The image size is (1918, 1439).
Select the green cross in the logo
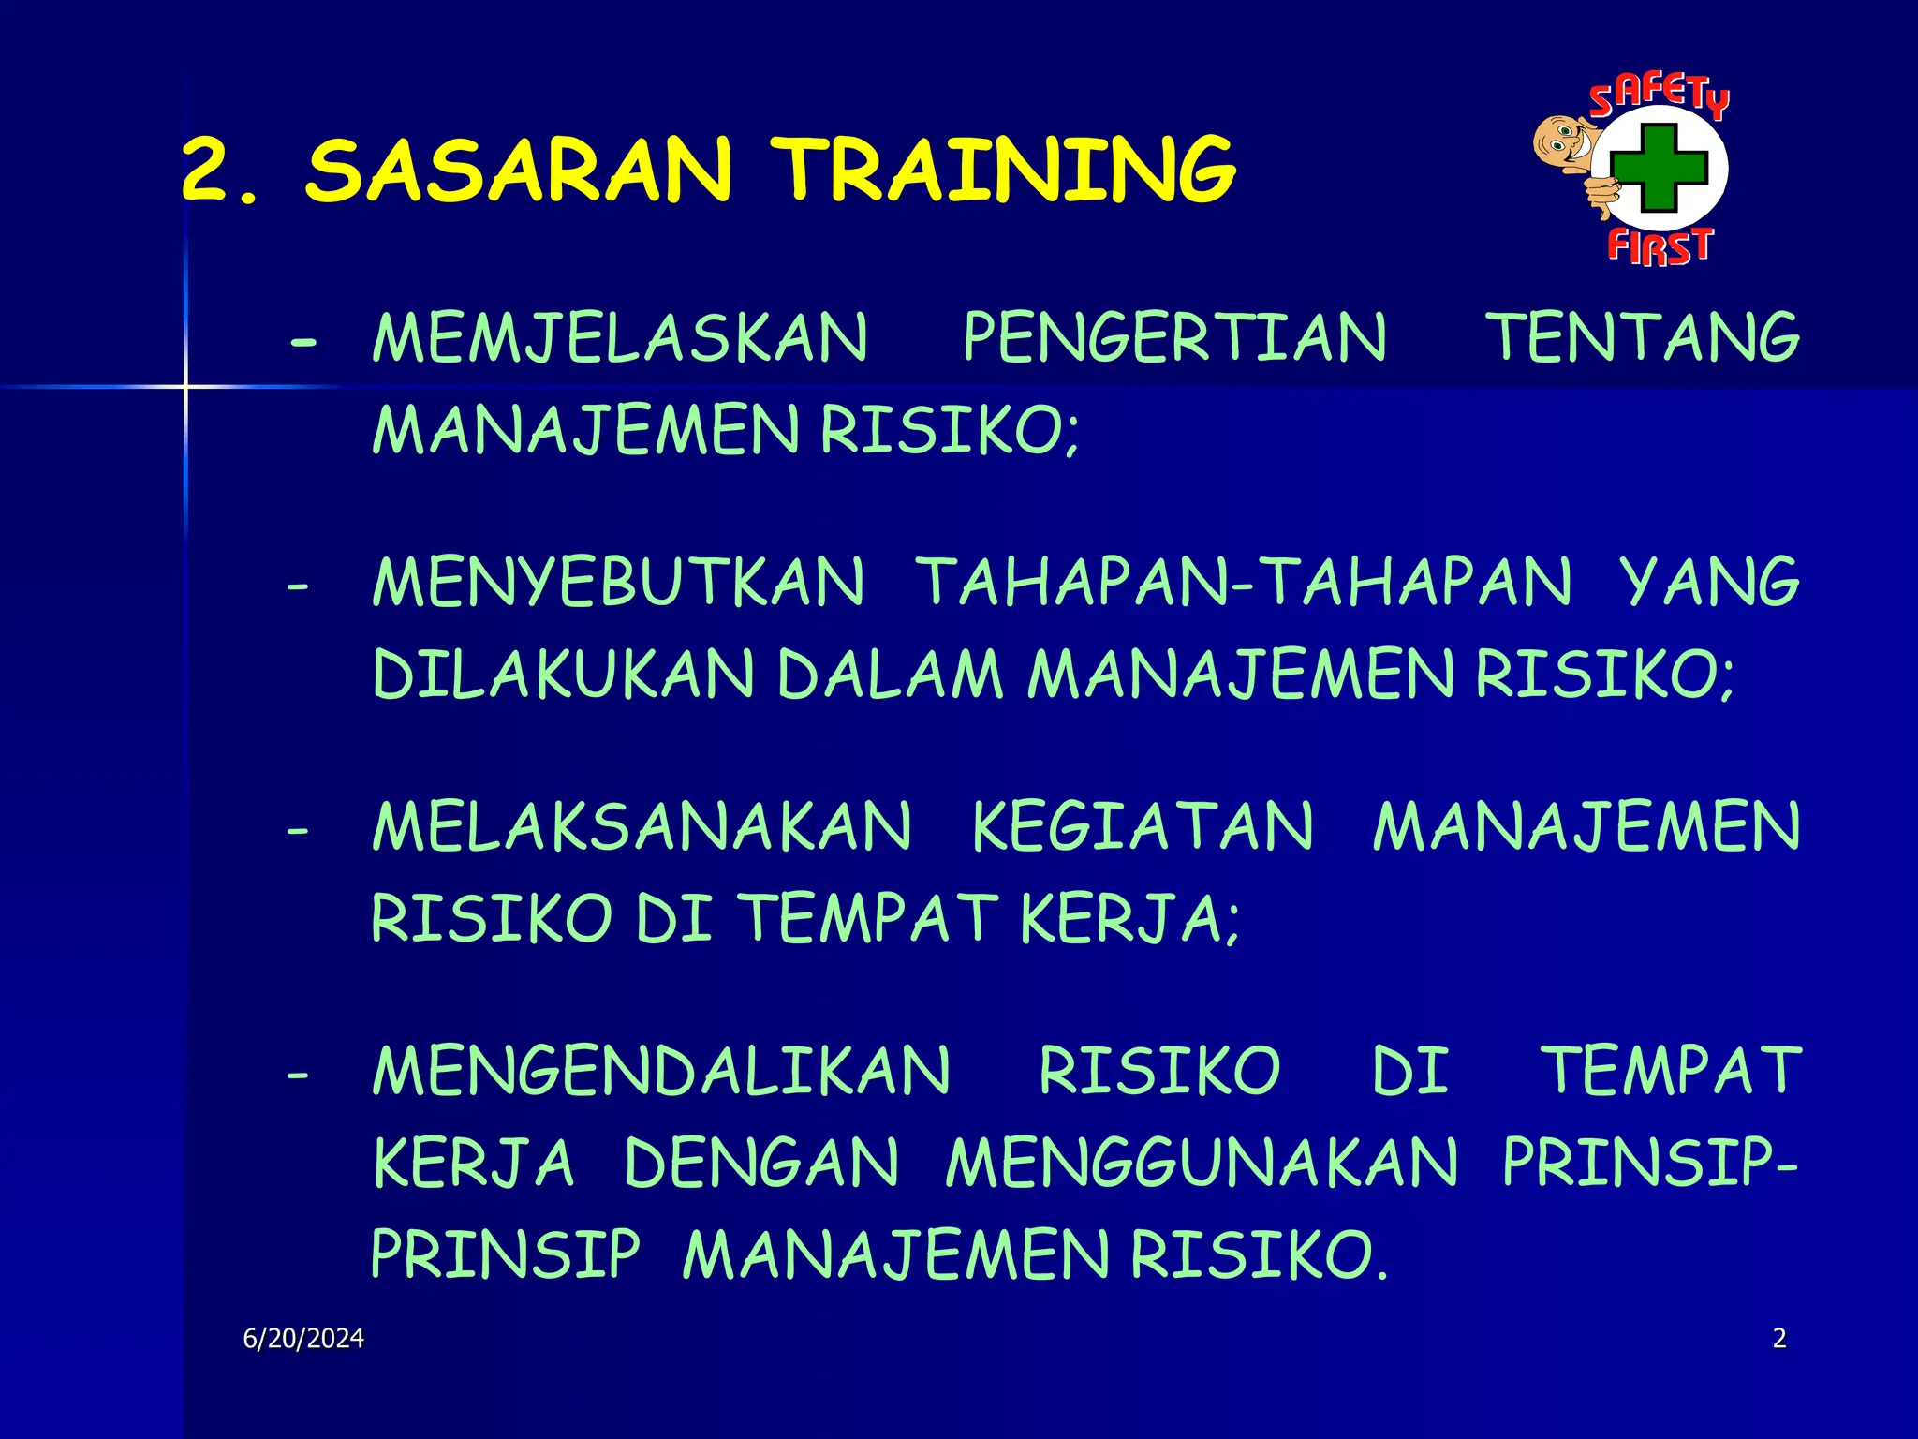click(x=1660, y=169)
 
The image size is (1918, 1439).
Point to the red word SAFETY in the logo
click(x=1659, y=95)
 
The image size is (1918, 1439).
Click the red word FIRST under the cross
click(x=1660, y=246)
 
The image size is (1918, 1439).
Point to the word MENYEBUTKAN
click(x=618, y=583)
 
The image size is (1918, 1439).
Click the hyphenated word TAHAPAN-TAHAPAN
click(x=1244, y=583)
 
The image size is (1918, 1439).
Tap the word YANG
click(x=1710, y=583)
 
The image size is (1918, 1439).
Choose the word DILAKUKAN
click(x=564, y=675)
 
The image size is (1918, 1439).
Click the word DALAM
click(x=890, y=675)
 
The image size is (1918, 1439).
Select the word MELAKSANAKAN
click(x=642, y=827)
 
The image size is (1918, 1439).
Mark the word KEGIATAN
click(x=1143, y=827)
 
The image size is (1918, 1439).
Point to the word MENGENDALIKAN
click(x=661, y=1071)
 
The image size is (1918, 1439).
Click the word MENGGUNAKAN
click(x=1202, y=1164)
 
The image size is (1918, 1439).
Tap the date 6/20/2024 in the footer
click(x=303, y=1339)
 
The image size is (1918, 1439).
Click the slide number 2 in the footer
click(x=1779, y=1339)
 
